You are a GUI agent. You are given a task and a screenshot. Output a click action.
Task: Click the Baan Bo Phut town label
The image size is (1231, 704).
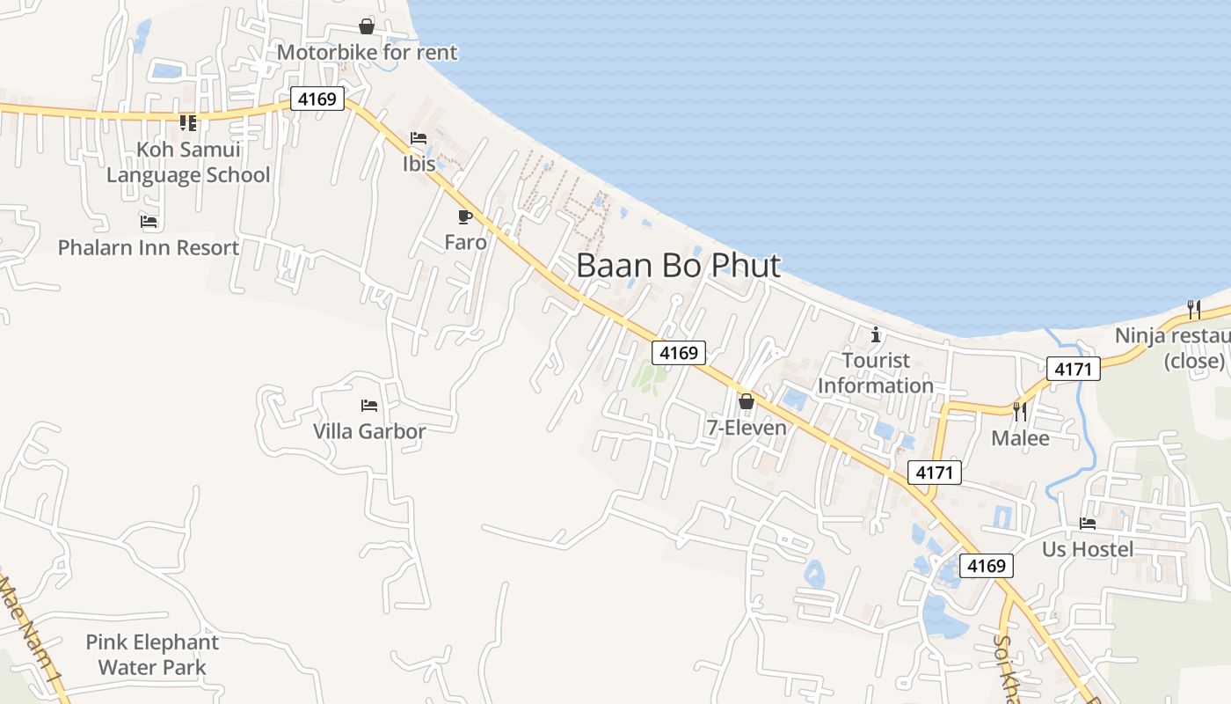pyautogui.click(x=678, y=265)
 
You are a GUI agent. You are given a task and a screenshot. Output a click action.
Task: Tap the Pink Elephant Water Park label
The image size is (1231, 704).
pyautogui.click(x=152, y=655)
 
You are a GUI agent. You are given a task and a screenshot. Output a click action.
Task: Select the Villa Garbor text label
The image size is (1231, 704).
pyautogui.click(x=369, y=431)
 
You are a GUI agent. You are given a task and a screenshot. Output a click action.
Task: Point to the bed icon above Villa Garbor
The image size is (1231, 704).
pyautogui.click(x=369, y=406)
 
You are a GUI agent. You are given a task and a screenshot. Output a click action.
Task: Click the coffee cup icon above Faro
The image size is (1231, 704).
pyautogui.click(x=465, y=216)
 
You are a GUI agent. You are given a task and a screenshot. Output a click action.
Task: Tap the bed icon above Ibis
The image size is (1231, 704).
pyautogui.click(x=419, y=138)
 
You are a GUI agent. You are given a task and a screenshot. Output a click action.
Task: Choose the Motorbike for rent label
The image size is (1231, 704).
pyautogui.click(x=367, y=53)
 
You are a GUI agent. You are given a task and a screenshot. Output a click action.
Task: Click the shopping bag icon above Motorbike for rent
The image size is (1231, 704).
pyautogui.click(x=367, y=27)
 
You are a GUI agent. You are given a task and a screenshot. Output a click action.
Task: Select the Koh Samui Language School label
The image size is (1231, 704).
pyautogui.click(x=188, y=162)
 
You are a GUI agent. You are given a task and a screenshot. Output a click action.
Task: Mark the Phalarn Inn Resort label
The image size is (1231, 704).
pyautogui.click(x=149, y=247)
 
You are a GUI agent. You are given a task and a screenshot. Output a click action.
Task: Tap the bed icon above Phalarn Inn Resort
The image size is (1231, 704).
pyautogui.click(x=149, y=222)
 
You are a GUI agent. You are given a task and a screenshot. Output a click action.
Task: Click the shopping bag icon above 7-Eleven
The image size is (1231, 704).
pyautogui.click(x=747, y=402)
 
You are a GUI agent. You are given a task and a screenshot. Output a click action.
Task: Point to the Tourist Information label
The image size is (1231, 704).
pyautogui.click(x=876, y=372)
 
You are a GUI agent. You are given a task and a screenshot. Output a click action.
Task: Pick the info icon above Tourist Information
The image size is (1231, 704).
pyautogui.click(x=876, y=334)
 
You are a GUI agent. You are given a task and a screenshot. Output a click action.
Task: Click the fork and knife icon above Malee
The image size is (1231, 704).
pyautogui.click(x=1020, y=411)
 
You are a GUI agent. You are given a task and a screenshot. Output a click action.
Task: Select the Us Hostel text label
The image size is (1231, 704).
pyautogui.click(x=1088, y=549)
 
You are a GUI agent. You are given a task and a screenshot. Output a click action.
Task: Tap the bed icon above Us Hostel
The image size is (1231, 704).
pyautogui.click(x=1088, y=524)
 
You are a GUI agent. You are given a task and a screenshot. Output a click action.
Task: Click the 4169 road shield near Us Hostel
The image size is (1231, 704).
pyautogui.click(x=986, y=566)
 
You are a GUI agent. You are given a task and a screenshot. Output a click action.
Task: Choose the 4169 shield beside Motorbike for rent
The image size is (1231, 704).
pyautogui.click(x=317, y=99)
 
